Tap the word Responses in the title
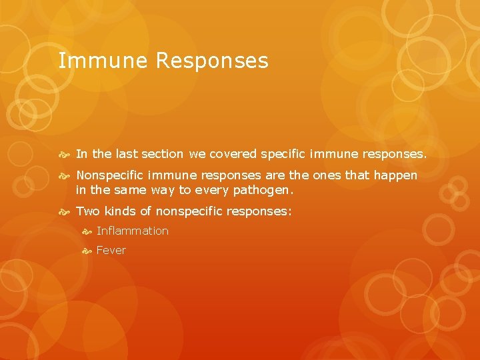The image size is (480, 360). point(212,61)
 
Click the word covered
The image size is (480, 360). point(233,154)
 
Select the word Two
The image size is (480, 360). point(87,211)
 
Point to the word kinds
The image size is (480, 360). point(121,211)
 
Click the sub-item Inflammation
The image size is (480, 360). point(133,231)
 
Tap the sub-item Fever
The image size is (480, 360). point(111,251)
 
